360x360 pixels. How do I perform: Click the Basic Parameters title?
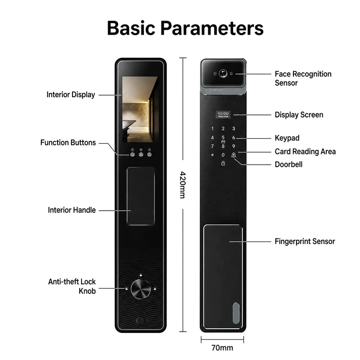[185, 28]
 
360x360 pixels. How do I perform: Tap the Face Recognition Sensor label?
[303, 78]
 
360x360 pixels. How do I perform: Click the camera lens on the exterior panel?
[223, 73]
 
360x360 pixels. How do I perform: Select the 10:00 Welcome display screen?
[223, 115]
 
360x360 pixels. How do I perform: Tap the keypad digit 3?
[234, 129]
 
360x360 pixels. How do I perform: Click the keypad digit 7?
[212, 146]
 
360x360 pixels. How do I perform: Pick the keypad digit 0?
[223, 155]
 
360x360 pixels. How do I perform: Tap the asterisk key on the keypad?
[212, 155]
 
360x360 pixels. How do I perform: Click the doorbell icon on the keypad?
[234, 155]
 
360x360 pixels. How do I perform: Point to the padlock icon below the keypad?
[223, 163]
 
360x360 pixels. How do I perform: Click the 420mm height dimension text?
[182, 184]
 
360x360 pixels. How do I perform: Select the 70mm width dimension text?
[222, 348]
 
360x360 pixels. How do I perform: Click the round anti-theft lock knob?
[141, 289]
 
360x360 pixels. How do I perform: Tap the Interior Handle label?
[72, 210]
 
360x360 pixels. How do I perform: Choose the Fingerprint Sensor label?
[305, 241]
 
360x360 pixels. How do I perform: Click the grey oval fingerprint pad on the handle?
[236, 313]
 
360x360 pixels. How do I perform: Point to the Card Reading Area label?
[305, 152]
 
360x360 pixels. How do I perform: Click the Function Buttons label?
[68, 143]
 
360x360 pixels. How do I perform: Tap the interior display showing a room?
[140, 109]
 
